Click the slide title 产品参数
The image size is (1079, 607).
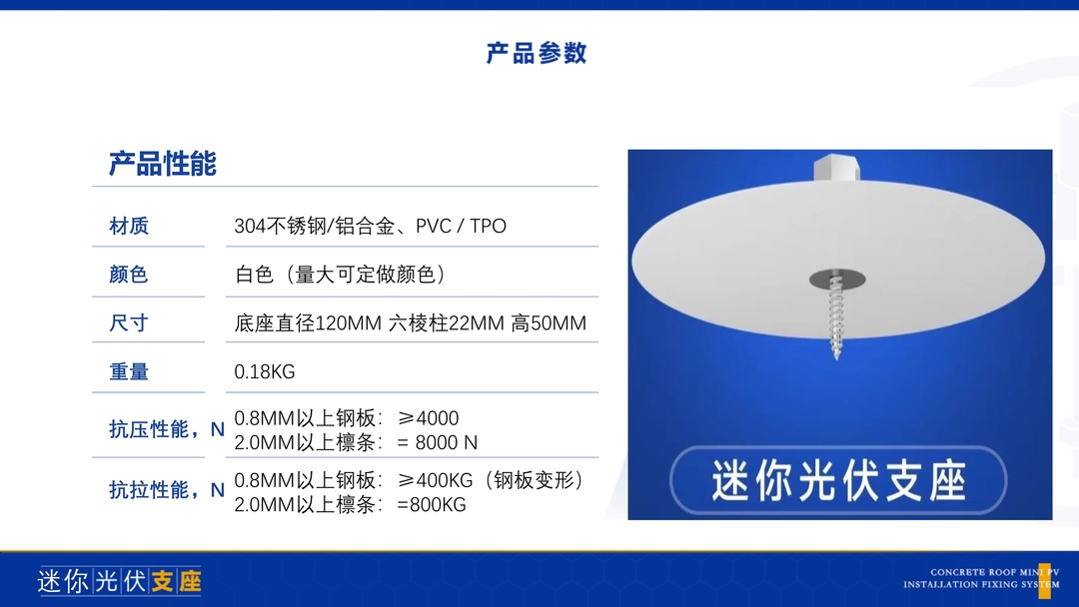tap(537, 53)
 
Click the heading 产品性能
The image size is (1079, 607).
tap(163, 164)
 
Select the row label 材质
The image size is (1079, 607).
tap(129, 226)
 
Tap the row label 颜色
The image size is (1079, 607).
tap(129, 275)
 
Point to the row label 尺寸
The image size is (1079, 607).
tap(129, 323)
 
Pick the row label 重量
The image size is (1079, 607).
tap(129, 372)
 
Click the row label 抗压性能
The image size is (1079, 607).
tap(148, 429)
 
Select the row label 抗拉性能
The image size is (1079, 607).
tap(148, 490)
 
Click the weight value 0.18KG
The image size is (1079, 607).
tap(264, 372)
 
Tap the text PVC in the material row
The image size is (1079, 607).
tap(434, 227)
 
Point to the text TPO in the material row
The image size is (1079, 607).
tap(488, 227)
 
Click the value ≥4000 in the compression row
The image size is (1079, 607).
tap(428, 418)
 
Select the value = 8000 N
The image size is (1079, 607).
tap(437, 442)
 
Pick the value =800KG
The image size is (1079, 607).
tap(432, 504)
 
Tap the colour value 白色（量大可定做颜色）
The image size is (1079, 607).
tap(341, 275)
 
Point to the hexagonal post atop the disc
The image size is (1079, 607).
tap(836, 168)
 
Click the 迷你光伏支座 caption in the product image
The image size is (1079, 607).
tap(839, 480)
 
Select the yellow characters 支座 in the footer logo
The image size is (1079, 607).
tap(176, 582)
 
